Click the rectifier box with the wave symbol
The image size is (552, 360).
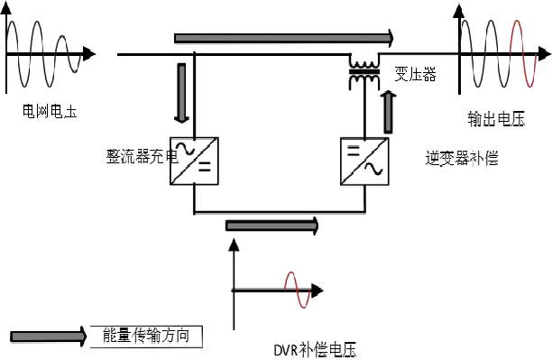point(194,161)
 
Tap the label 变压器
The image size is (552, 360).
point(416,76)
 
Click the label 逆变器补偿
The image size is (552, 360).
point(462,157)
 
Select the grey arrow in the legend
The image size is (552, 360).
point(49,336)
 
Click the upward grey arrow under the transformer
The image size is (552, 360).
point(388,106)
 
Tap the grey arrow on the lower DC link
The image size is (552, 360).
point(271,225)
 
